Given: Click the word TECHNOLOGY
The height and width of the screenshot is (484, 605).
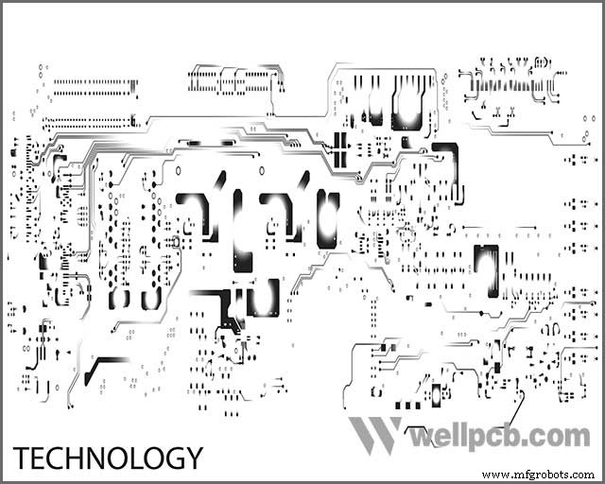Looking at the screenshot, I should click(x=108, y=458).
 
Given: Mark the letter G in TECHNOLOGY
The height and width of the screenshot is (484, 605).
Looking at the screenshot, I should click(x=171, y=458).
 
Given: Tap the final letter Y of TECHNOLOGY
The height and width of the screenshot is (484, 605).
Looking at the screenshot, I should click(x=193, y=458).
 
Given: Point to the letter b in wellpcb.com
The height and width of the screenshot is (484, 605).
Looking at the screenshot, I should click(x=523, y=435).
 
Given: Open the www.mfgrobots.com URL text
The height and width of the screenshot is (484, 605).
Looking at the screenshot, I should click(x=539, y=475).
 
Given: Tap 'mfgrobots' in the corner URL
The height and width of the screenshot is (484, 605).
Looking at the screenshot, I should click(x=540, y=475).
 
